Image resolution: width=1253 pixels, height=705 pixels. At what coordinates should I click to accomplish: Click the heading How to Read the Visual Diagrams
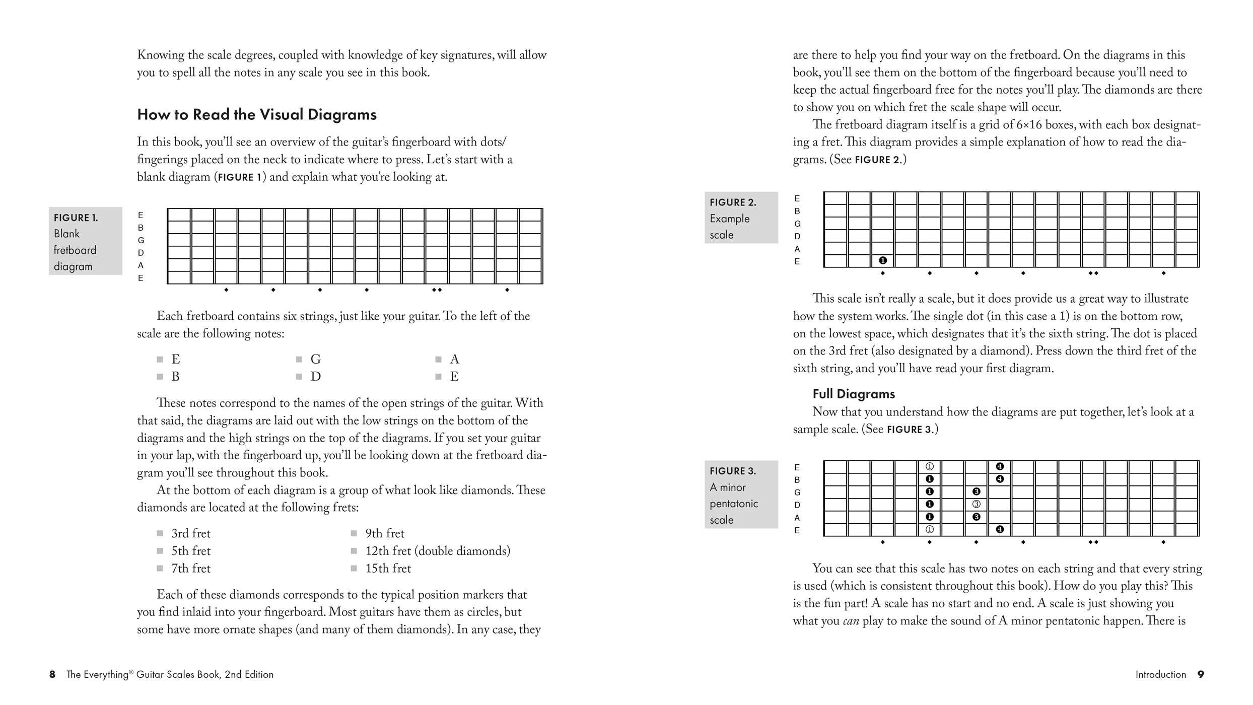click(257, 115)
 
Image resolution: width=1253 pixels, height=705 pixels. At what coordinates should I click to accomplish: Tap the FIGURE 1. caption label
click(76, 218)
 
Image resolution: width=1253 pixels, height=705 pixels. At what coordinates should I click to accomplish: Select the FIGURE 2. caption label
click(733, 202)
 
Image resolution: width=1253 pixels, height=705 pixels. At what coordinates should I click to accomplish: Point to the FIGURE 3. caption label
click(733, 471)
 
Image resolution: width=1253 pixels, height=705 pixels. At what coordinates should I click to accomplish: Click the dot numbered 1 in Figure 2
click(882, 260)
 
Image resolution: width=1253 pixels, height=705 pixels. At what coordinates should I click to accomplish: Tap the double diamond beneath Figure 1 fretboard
click(437, 290)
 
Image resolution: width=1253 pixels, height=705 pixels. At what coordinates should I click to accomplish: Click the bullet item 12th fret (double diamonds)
click(437, 551)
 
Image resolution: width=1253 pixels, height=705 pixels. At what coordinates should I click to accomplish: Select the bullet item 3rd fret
click(190, 533)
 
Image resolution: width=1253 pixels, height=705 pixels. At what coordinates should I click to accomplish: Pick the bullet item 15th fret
click(388, 569)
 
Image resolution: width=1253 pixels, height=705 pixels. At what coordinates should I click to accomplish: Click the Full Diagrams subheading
click(854, 394)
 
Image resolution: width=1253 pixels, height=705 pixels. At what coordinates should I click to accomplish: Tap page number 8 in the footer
click(52, 675)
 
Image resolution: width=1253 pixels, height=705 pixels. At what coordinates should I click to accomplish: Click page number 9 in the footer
click(1201, 675)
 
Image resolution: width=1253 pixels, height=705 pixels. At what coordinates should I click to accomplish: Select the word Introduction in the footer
click(1160, 675)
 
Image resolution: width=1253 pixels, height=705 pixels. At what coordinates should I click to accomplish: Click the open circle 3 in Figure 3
click(976, 504)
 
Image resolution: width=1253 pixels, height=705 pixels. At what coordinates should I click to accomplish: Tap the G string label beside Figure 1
click(141, 240)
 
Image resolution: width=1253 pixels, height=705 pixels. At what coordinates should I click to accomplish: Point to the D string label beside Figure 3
click(797, 505)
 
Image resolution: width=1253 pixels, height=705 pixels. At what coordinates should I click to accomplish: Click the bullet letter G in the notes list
click(316, 359)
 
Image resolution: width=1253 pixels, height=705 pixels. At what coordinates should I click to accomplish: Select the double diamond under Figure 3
click(1093, 542)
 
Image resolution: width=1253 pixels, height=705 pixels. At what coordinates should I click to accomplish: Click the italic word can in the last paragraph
click(851, 621)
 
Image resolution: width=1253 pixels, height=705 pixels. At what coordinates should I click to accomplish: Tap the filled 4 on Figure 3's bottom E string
click(1000, 529)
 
